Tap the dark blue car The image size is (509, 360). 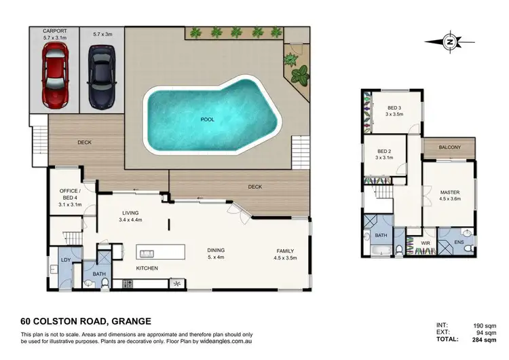(x=100, y=76)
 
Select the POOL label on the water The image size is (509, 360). (x=207, y=120)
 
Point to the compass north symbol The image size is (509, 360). (x=449, y=41)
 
